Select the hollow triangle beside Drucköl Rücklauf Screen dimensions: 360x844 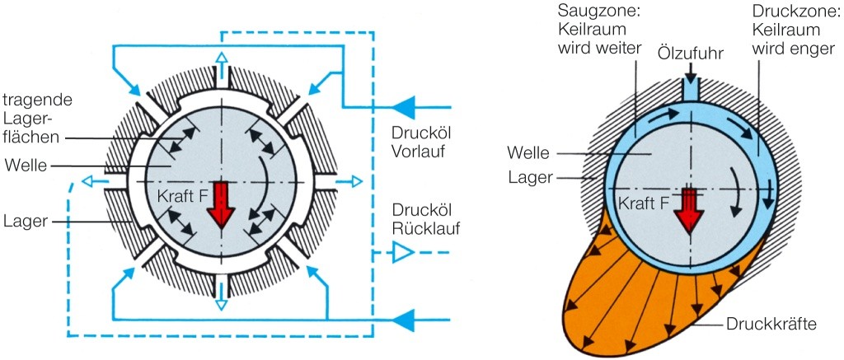pyautogui.click(x=402, y=253)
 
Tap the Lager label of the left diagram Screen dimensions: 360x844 pyautogui.click(x=26, y=222)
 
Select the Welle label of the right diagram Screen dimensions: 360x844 pyautogui.click(x=527, y=153)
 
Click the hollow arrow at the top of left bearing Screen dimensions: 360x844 pyautogui.click(x=221, y=58)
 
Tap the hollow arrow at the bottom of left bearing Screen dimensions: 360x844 pyautogui.click(x=221, y=302)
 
